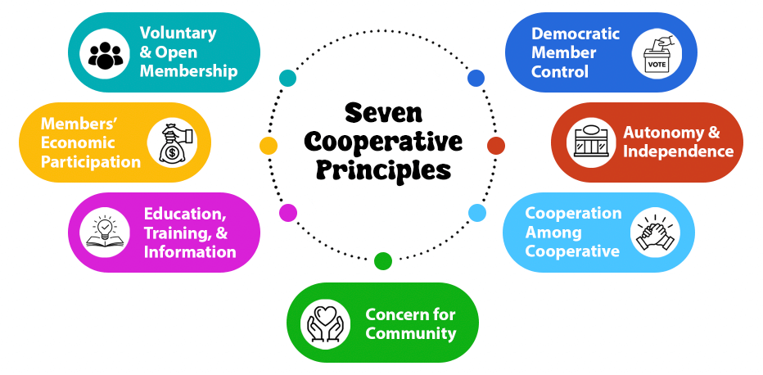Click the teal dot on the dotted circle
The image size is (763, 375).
[287, 78]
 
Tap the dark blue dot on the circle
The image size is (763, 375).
[476, 78]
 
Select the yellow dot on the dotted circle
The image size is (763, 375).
[268, 146]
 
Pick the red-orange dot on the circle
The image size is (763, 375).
[495, 146]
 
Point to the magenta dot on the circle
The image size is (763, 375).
[287, 213]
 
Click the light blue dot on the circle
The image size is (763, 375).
[477, 213]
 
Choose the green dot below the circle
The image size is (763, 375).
[382, 261]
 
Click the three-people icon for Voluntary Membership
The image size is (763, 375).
[104, 53]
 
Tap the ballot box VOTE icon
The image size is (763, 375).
[656, 53]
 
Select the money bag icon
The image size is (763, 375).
[171, 142]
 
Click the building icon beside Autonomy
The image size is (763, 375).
[591, 142]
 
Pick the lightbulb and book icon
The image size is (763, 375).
[105, 233]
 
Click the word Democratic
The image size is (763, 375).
[576, 34]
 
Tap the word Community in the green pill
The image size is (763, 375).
[411, 333]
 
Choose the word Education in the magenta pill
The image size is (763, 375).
[185, 214]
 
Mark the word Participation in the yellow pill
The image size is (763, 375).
[91, 162]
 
